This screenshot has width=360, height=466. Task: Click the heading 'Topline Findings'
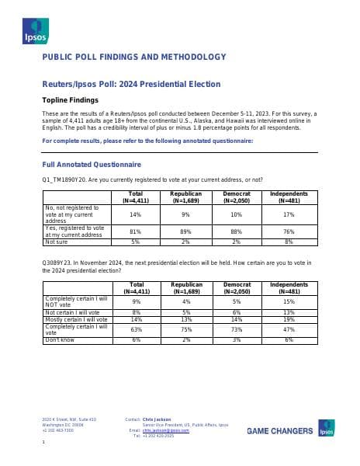pos(70,100)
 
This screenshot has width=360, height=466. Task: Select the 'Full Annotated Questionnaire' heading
pos(92,165)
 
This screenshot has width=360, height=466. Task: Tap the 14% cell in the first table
pos(135,214)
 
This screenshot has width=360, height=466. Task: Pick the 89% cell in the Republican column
pos(185,231)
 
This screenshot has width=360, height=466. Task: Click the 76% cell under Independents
pos(289,231)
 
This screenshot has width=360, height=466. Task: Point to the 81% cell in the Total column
pos(135,231)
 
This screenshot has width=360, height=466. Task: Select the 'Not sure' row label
pos(59,242)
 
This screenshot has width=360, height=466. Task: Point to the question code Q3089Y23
pos(57,263)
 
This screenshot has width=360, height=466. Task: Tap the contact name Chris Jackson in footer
pos(157,419)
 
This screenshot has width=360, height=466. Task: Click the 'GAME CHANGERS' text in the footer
pos(280,431)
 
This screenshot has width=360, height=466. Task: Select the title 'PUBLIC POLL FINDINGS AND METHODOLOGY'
pos(133,57)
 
